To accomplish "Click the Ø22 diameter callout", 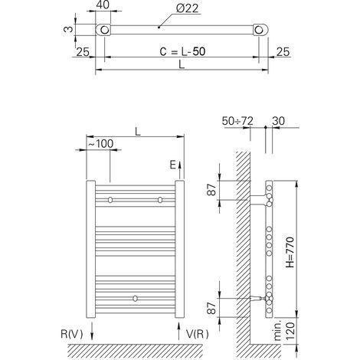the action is [187, 8].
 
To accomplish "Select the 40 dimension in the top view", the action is [103, 5].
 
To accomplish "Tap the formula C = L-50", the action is [182, 51].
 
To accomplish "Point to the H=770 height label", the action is [290, 252].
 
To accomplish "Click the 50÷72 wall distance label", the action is [237, 121].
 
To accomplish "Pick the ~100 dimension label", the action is [100, 144].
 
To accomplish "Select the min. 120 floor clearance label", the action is [286, 331].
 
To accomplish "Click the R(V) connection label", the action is [72, 334].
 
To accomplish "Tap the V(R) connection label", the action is [197, 334].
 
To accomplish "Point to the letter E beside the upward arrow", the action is [173, 165].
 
